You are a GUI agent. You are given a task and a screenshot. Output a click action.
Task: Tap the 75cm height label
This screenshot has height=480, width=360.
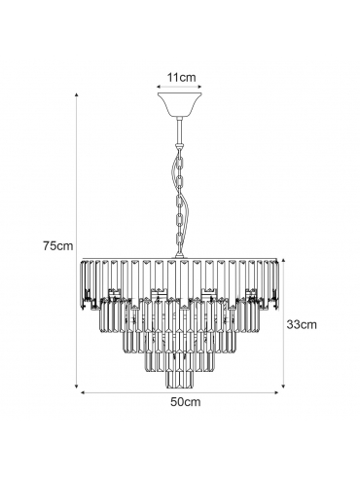pos(58,245)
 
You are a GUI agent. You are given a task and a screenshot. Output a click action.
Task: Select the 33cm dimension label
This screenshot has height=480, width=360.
pos(302,324)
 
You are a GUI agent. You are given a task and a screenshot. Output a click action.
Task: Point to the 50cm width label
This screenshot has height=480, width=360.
pos(186,402)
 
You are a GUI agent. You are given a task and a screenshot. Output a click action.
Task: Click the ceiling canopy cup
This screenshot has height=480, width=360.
pos(179,105)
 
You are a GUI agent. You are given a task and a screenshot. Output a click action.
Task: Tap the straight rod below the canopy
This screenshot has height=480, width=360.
pos(179,131)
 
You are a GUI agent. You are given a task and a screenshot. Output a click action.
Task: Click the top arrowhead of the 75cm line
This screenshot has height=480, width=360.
pos(77,94)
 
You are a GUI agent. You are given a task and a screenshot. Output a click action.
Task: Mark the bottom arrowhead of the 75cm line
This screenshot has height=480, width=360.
pos(77,386)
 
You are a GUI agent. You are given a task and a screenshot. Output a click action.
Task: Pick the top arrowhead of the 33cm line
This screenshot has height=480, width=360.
pos(283,260)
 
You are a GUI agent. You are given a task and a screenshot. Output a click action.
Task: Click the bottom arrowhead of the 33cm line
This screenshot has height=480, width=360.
pos(283,386)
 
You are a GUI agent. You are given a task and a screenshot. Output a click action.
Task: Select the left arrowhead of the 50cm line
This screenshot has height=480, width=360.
pos(83,392)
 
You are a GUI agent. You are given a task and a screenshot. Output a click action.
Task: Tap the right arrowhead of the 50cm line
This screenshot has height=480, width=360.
pos(276,392)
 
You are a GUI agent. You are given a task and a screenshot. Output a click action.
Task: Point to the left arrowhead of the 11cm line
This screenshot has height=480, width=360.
pos(159,87)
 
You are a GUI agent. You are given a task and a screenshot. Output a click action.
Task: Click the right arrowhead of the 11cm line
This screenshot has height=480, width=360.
pos(199,87)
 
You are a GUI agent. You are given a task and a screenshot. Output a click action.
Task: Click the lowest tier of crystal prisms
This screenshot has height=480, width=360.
pos(179,380)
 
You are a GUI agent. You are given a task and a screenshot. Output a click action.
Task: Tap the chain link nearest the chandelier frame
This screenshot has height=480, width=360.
pos(179,240)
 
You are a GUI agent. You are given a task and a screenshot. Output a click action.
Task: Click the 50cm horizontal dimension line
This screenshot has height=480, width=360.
pos(179,392)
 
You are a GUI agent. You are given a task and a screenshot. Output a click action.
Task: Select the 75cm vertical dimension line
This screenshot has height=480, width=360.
pos(77,240)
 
